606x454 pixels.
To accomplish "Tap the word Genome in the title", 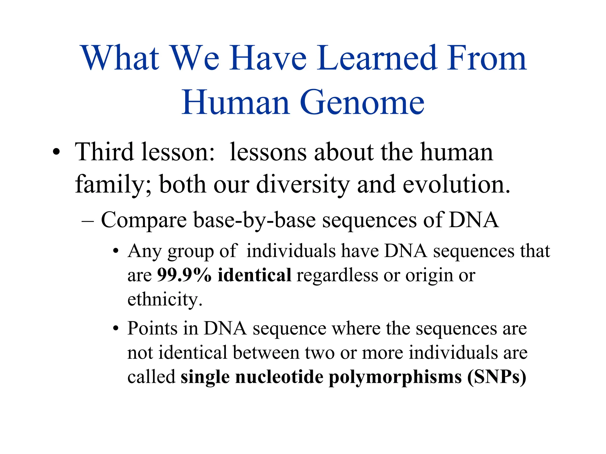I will [362, 103].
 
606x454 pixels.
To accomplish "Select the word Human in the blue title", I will [236, 103].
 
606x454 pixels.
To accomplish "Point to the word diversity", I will [303, 184].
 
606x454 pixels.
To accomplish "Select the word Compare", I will [144, 220].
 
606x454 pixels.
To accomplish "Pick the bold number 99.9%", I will [184, 275].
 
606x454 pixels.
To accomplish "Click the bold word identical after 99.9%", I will [254, 275].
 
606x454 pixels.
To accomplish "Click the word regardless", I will [337, 275].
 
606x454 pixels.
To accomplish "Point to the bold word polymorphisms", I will [395, 377].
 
